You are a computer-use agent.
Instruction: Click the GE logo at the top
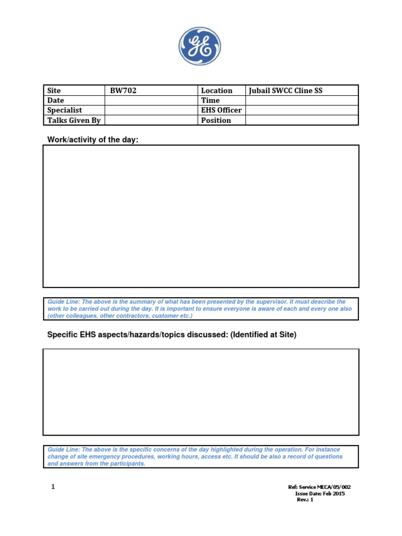200,47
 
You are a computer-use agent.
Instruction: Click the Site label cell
74,91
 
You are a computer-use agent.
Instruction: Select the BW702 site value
151,91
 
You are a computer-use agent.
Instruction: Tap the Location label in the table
221,91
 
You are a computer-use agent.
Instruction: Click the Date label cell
74,100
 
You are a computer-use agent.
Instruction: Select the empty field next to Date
151,100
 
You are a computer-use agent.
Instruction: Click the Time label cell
221,100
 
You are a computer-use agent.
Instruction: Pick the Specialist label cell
74,110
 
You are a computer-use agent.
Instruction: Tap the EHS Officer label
221,110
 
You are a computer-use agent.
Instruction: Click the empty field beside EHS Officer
302,110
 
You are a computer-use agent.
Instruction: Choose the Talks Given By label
74,120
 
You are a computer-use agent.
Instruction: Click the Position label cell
221,120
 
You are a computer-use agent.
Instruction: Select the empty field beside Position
302,120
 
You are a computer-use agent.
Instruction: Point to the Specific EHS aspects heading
172,334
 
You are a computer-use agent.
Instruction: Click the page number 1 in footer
53,487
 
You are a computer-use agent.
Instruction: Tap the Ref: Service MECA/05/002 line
320,487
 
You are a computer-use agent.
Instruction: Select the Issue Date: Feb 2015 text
320,493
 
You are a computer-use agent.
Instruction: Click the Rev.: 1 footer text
305,499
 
